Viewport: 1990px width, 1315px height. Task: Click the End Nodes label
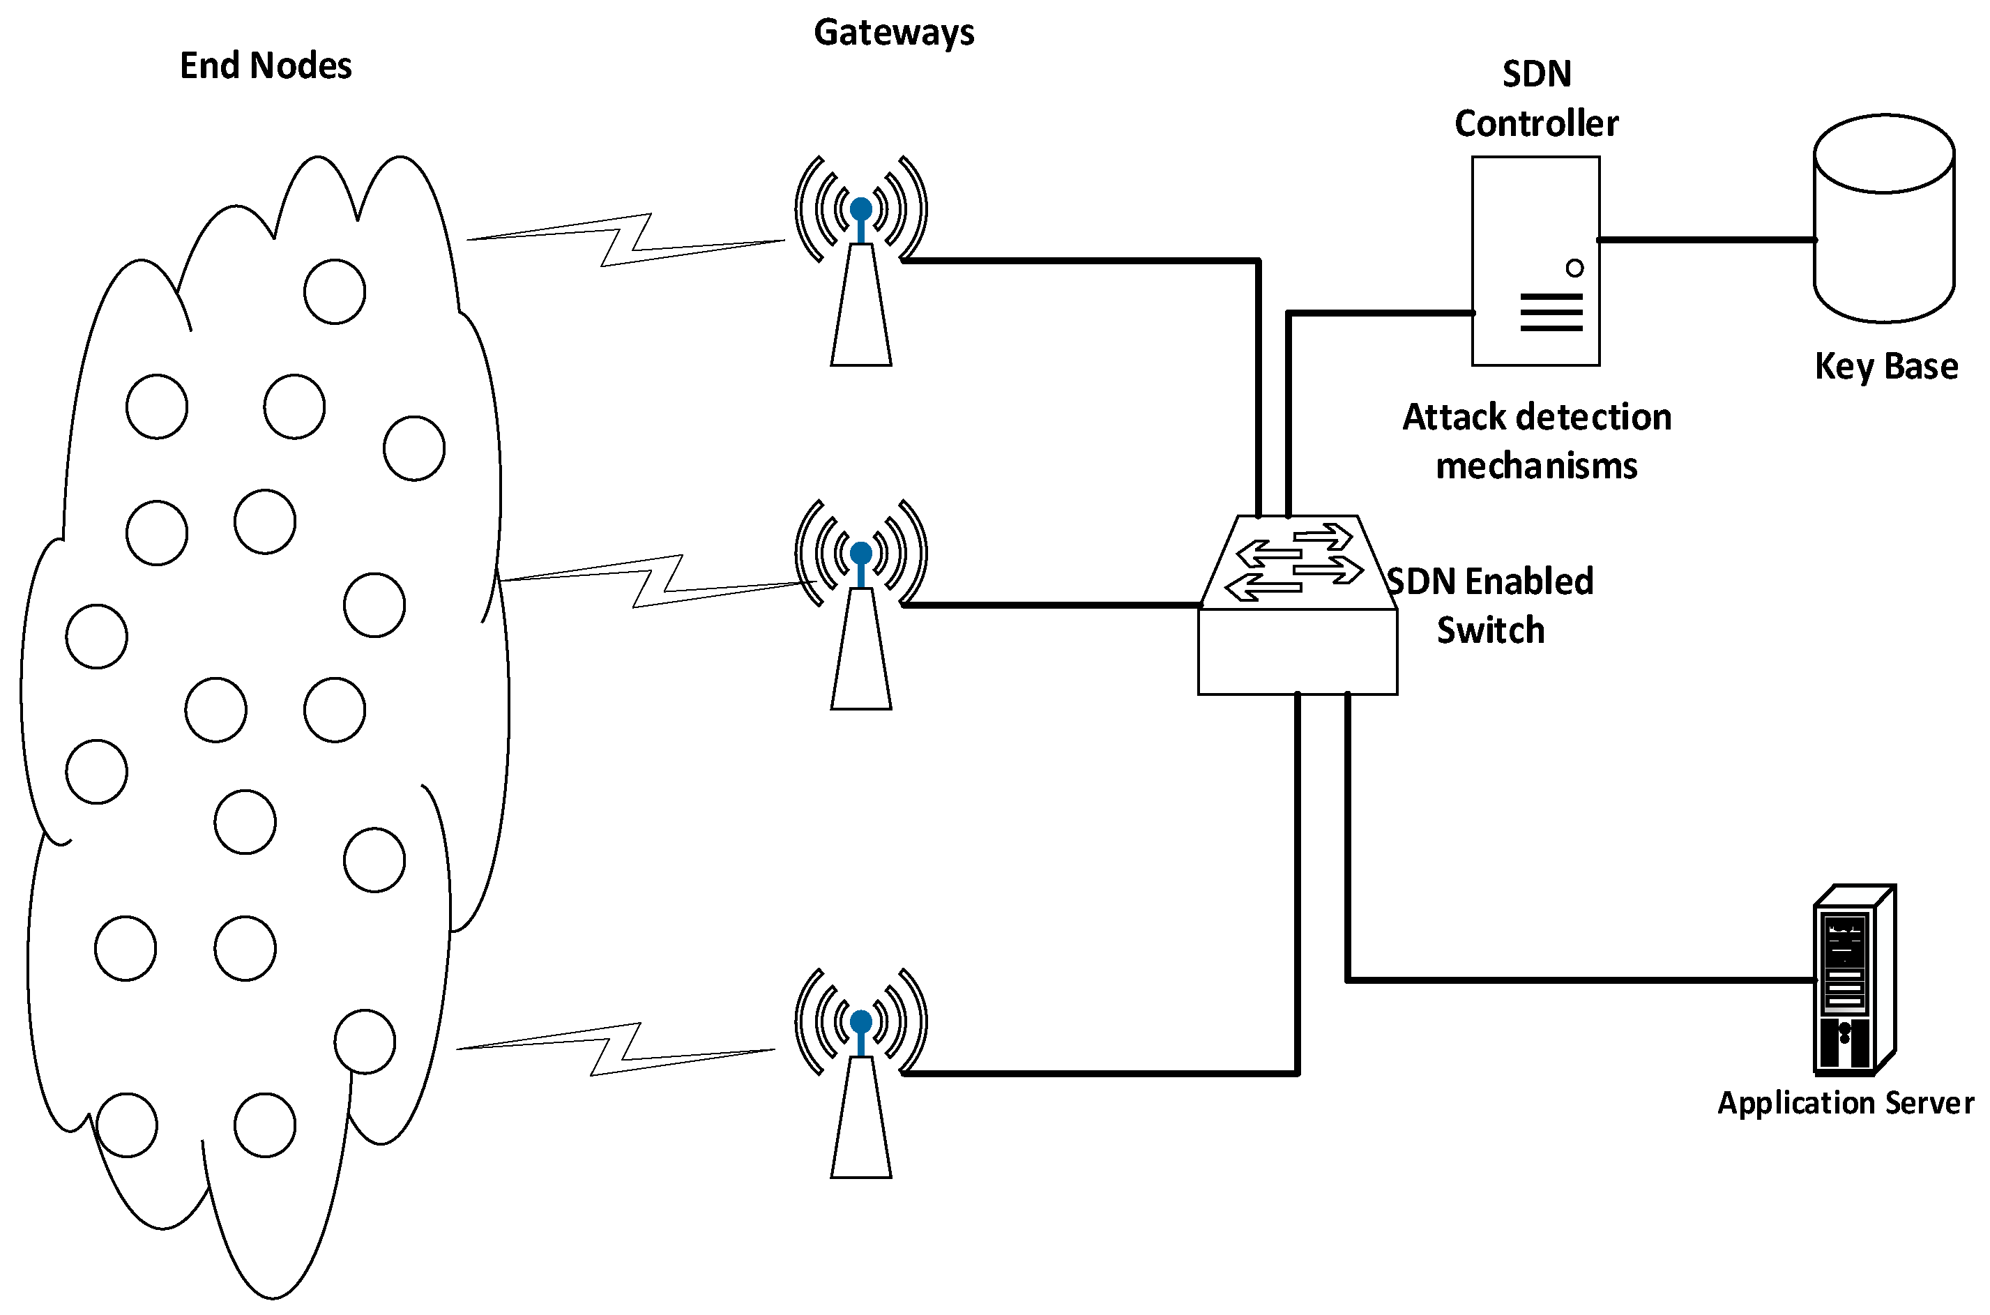(266, 66)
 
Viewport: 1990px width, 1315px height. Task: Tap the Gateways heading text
(894, 33)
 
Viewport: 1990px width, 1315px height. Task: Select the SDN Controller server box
(1535, 261)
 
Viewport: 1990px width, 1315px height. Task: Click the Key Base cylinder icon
(1884, 218)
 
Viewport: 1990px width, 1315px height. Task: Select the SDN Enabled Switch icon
(1298, 605)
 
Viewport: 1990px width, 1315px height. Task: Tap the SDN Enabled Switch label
(1490, 605)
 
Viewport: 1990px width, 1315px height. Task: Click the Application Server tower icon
(1854, 980)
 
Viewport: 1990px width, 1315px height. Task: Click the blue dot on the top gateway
(861, 208)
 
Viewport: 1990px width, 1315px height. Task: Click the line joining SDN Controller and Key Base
(1706, 240)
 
